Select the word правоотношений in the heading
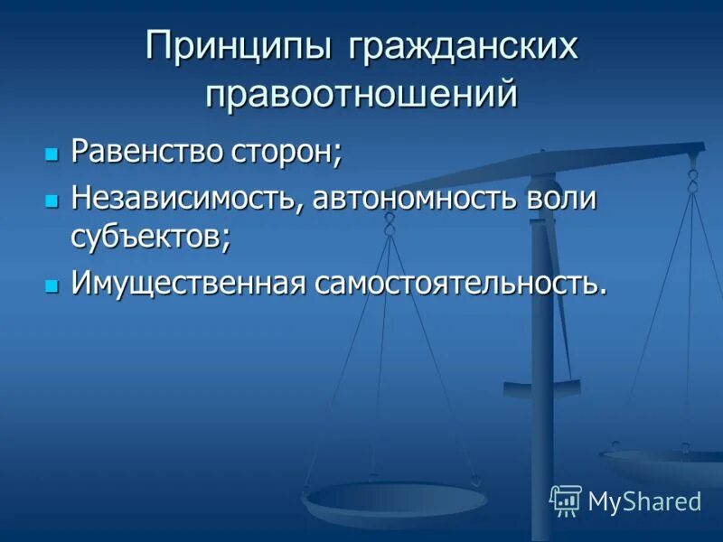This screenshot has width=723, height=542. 361,94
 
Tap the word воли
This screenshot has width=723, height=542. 562,198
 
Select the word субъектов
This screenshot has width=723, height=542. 149,237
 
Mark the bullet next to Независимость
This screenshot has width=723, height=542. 52,199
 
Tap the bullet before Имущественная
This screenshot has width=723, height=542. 52,285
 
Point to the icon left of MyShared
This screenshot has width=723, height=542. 566,500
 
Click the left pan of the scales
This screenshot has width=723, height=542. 395,499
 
